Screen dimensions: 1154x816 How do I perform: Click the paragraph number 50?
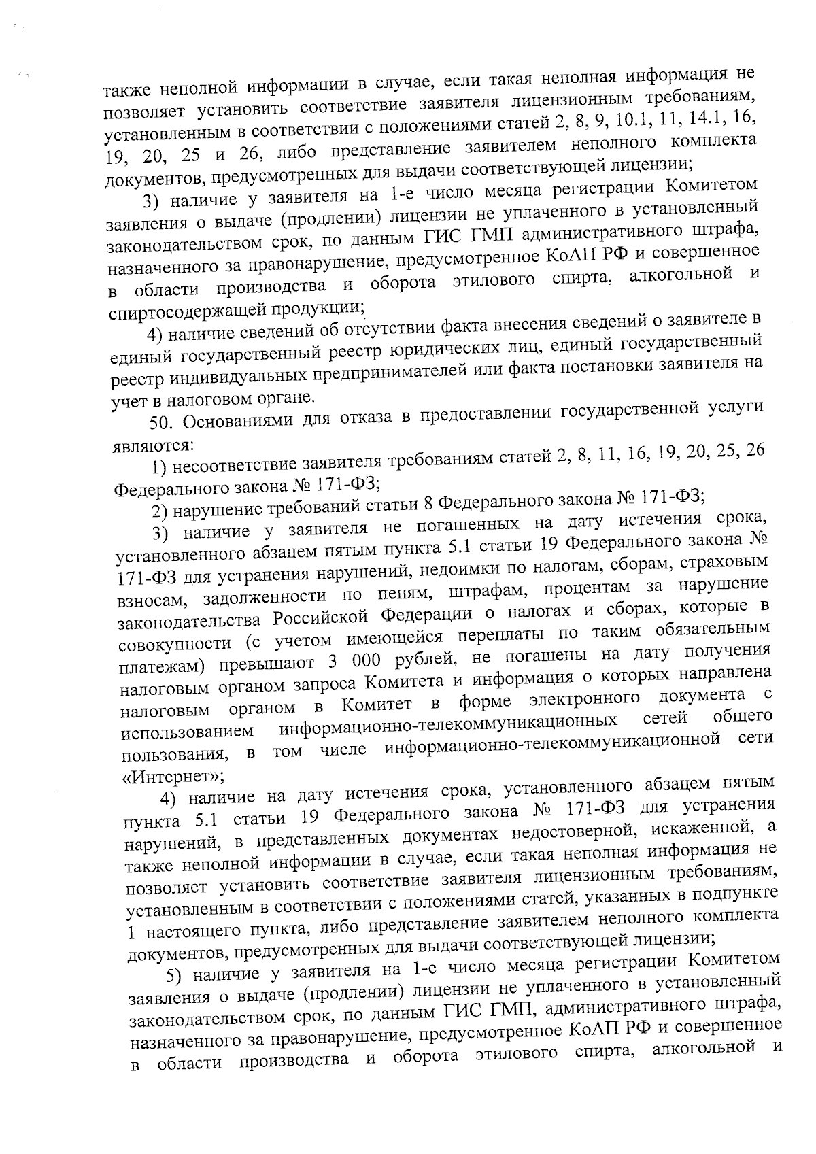pyautogui.click(x=162, y=422)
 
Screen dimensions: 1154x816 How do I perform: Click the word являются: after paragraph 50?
pyautogui.click(x=152, y=445)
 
